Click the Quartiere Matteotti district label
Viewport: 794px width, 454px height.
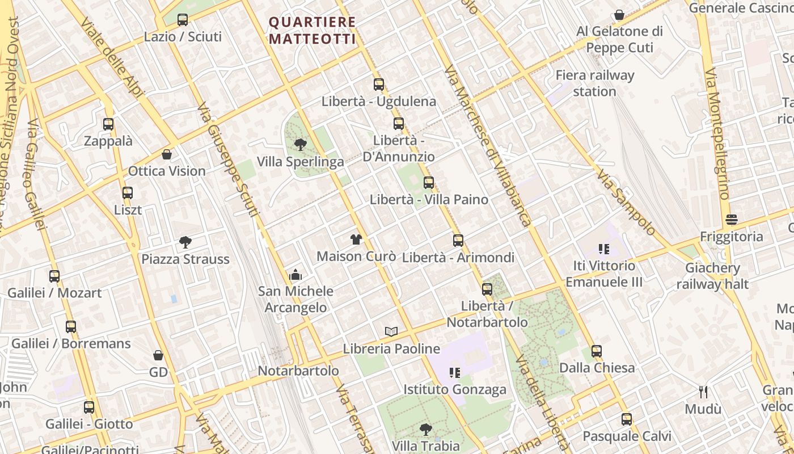click(x=312, y=30)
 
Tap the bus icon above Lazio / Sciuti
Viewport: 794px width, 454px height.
click(x=183, y=20)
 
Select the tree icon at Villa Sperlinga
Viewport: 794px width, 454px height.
click(x=301, y=145)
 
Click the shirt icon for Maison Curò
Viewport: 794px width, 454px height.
click(x=356, y=239)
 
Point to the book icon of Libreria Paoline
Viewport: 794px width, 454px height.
click(x=391, y=331)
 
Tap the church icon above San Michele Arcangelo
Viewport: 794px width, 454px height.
click(x=295, y=275)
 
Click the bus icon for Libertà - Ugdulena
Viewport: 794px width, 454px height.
click(x=379, y=85)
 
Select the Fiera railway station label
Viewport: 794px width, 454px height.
click(x=594, y=83)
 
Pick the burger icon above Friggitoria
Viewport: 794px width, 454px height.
click(x=732, y=220)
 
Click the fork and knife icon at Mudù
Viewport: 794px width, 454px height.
click(x=703, y=392)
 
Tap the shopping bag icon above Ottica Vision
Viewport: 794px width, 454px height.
click(x=167, y=154)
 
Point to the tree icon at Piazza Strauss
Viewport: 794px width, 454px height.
click(x=185, y=242)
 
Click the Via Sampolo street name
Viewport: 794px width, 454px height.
click(x=626, y=201)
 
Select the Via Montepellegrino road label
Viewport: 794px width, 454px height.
click(x=716, y=134)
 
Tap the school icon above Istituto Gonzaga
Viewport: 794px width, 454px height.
click(x=454, y=373)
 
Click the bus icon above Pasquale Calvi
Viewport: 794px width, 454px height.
click(x=627, y=419)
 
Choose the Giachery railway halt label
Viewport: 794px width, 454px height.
click(x=712, y=276)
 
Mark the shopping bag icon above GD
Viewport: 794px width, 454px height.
click(x=158, y=355)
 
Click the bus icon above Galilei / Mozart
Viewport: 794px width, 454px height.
click(x=54, y=276)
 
